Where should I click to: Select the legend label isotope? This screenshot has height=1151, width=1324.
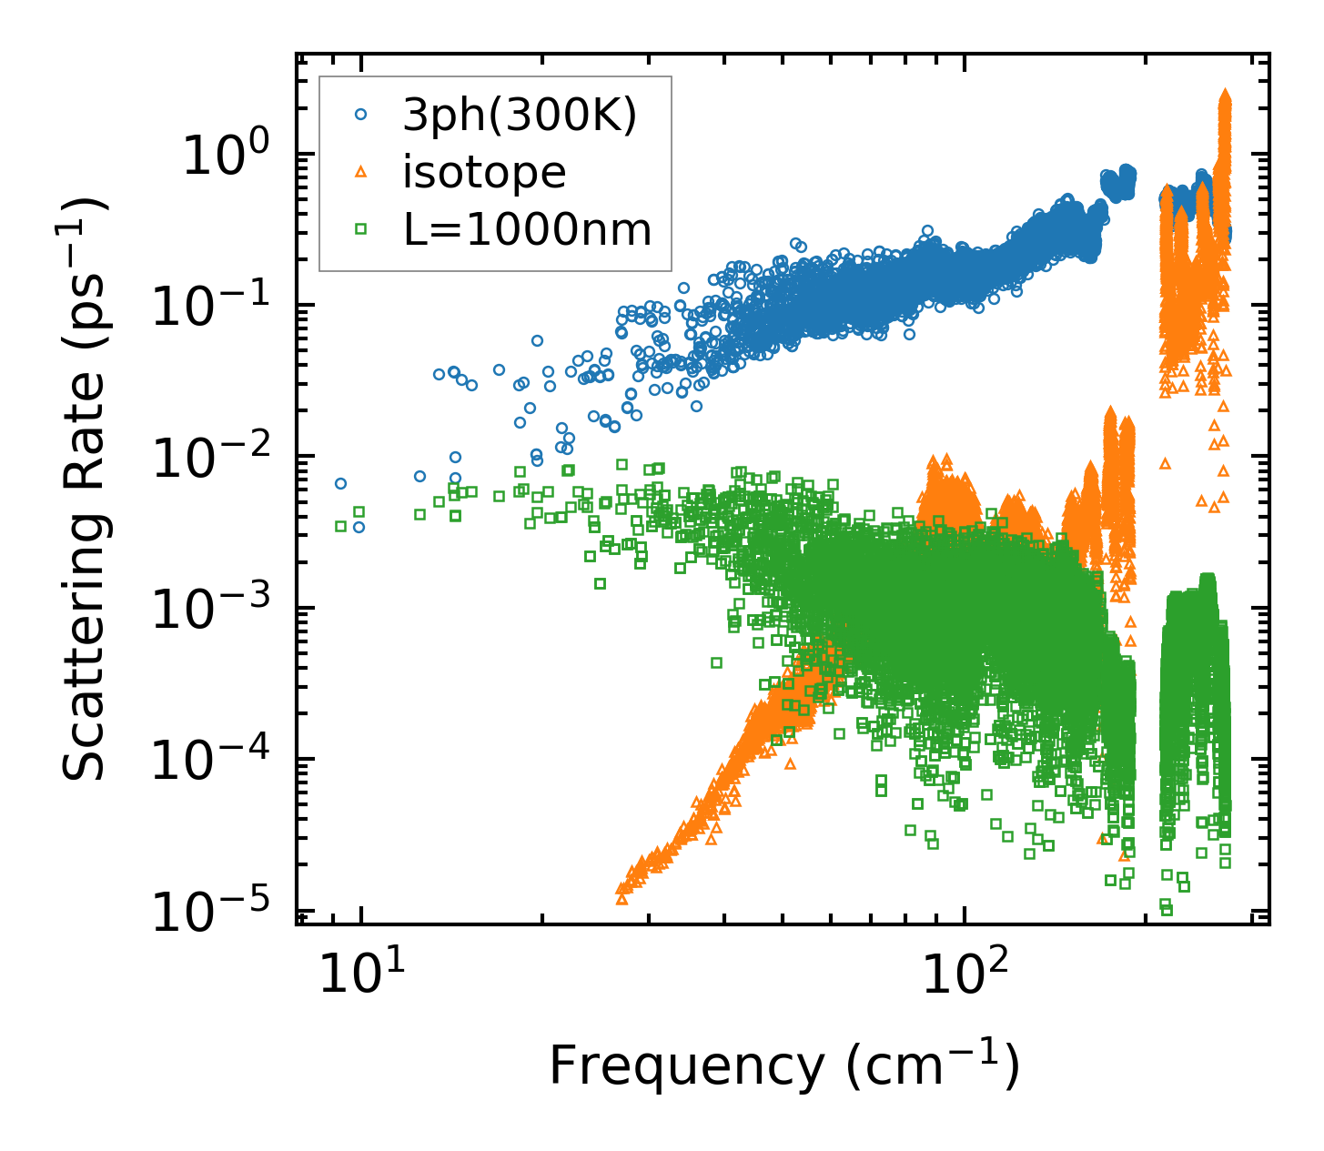(484, 173)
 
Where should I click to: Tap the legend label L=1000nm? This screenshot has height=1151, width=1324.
(527, 230)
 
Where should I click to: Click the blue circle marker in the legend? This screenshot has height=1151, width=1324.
(361, 115)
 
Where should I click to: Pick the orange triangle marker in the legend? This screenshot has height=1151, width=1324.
(361, 172)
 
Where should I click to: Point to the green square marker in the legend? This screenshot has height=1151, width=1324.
(361, 229)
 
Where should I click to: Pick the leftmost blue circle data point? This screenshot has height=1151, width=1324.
(340, 483)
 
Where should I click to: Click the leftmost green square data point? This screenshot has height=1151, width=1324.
(340, 526)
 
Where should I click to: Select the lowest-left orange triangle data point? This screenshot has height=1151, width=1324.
(622, 899)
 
